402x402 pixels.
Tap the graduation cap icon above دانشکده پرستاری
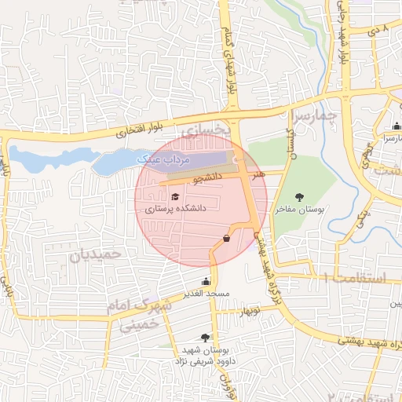[174, 196]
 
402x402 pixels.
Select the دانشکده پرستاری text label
[175, 210]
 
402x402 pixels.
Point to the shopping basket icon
[226, 238]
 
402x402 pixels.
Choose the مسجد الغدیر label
[206, 294]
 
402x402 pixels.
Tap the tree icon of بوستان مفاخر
[298, 197]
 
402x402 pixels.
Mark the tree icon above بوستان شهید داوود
[206, 337]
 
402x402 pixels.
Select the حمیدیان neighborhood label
[97, 255]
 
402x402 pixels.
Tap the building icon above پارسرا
[397, 126]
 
